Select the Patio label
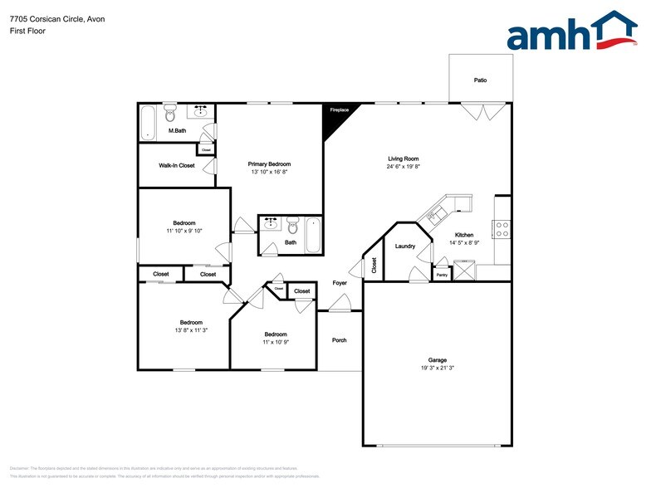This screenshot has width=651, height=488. tap(480, 81)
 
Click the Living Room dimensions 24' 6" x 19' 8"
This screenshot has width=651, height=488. tap(404, 166)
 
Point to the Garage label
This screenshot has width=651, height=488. tap(438, 359)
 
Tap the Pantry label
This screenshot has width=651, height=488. tap(442, 274)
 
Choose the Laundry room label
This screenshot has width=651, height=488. tap(405, 246)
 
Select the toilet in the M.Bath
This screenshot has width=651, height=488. tap(171, 112)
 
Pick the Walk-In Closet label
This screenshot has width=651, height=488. tap(177, 166)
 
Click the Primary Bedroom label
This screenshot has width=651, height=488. tap(269, 164)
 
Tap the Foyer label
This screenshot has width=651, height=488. tap(340, 283)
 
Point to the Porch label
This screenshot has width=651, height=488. tap(339, 340)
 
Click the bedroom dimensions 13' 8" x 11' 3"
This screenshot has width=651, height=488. tap(191, 330)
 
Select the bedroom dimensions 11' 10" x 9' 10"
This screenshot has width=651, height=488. tap(184, 231)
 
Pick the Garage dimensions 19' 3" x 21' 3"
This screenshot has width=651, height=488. tap(438, 368)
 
